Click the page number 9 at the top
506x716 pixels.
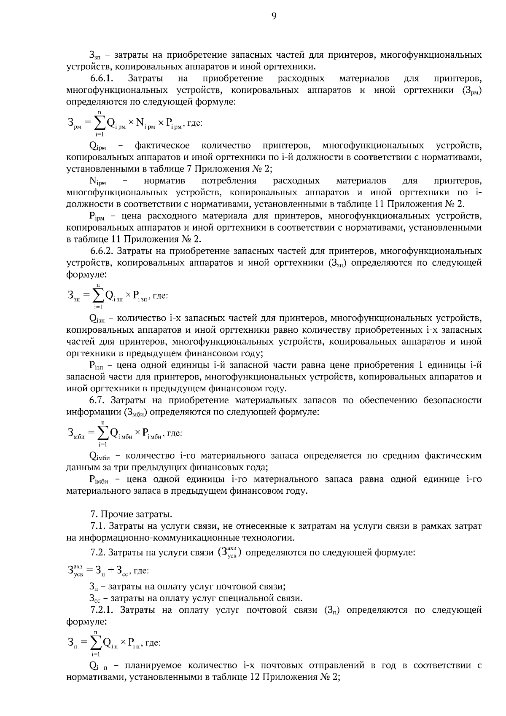point(274,16)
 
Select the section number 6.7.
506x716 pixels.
point(97,400)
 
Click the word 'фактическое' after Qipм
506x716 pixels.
point(162,146)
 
